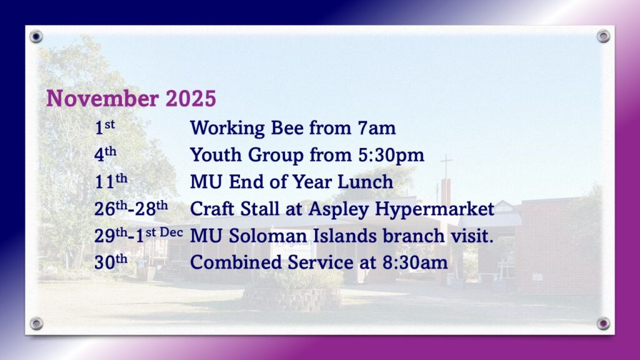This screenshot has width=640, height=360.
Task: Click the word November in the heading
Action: [102, 98]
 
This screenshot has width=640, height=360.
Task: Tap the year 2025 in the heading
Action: [191, 98]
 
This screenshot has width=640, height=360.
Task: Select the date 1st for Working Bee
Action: [104, 127]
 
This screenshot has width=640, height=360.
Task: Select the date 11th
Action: [111, 181]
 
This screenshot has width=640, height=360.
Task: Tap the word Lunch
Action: [365, 182]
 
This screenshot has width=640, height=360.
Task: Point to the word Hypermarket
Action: [435, 209]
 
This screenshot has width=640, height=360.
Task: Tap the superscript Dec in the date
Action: [171, 232]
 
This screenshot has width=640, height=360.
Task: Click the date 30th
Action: [111, 262]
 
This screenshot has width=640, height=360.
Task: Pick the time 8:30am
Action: [415, 262]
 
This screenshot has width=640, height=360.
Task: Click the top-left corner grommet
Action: [36, 37]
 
